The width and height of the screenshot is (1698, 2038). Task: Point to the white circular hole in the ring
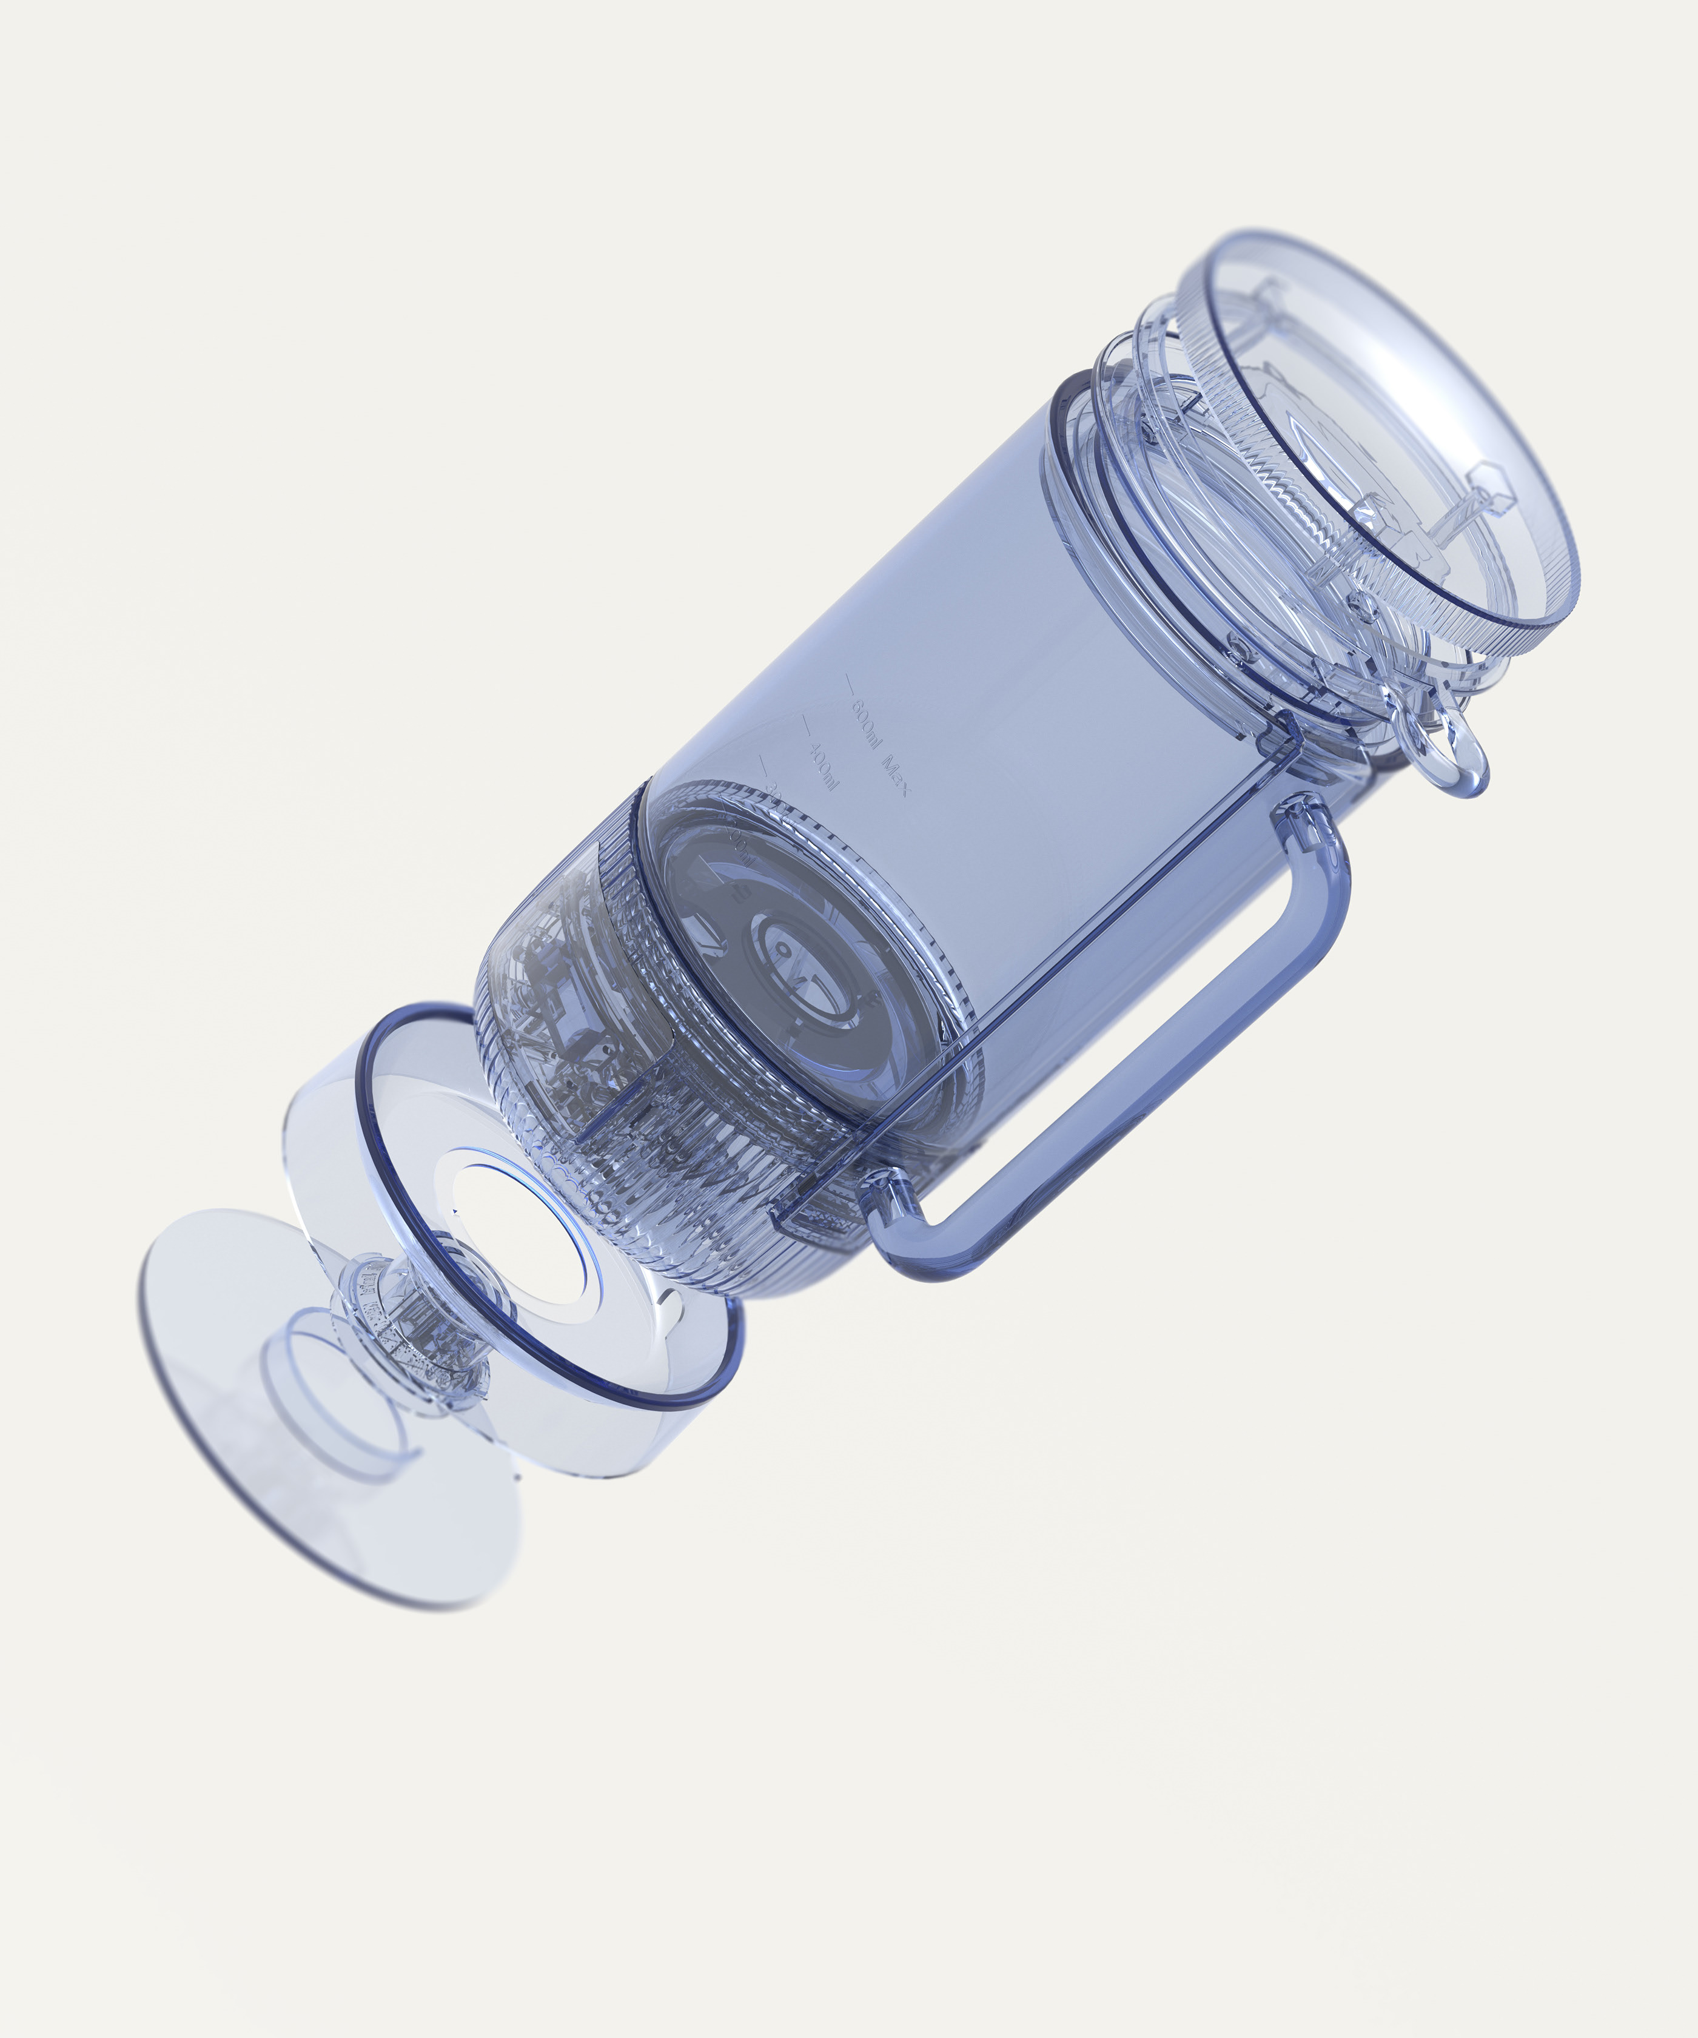click(x=524, y=1233)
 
